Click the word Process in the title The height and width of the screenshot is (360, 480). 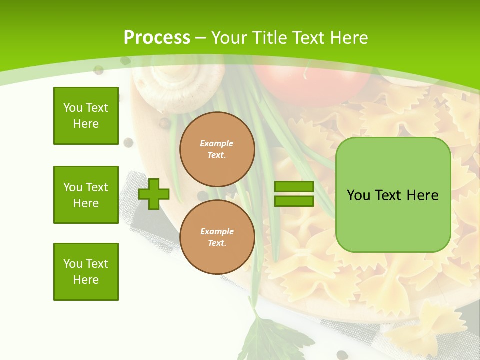point(157,38)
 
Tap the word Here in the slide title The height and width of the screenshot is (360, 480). point(347,38)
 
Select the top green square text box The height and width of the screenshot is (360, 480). point(86,116)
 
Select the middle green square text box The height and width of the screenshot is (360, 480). point(86,195)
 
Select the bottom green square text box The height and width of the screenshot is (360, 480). point(86,272)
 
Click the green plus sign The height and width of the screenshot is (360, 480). point(154,194)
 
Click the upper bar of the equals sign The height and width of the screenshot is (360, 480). point(294,186)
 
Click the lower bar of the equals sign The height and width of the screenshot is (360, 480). point(294,201)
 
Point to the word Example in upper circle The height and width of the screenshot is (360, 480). point(217,143)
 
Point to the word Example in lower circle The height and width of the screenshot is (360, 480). point(217,231)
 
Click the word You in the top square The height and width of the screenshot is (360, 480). point(73,108)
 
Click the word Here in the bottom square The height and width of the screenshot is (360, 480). point(86,280)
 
